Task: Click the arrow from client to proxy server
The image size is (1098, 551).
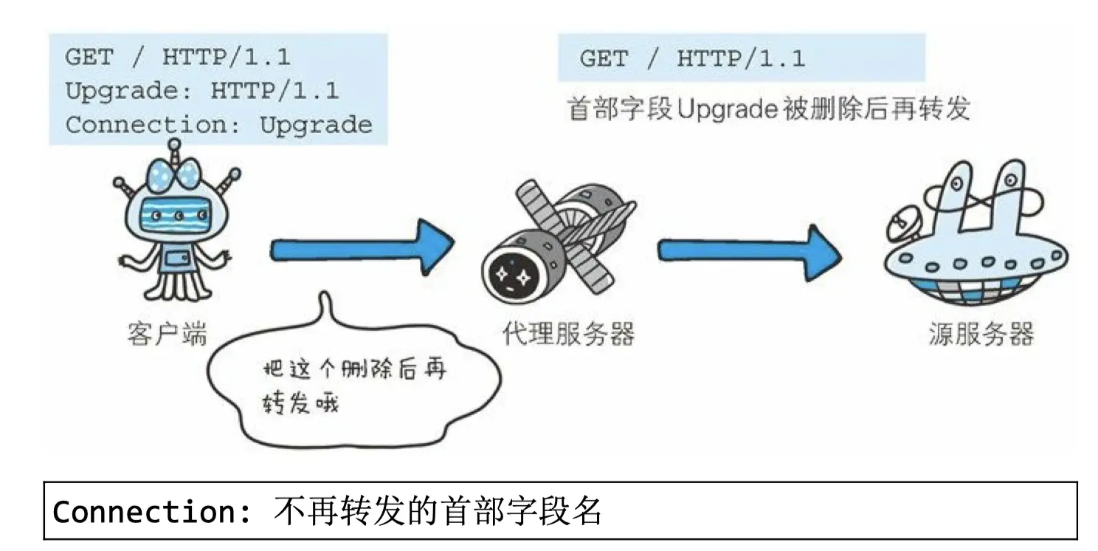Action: [362, 250]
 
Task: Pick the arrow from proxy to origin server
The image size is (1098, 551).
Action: [749, 250]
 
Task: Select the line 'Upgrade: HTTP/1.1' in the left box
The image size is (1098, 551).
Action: [201, 91]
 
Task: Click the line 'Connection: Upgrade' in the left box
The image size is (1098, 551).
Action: [218, 125]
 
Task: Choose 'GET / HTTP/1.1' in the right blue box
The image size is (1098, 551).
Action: [692, 59]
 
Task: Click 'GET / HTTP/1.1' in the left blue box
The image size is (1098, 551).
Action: [177, 57]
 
